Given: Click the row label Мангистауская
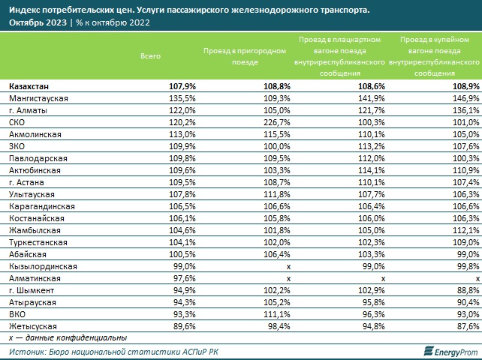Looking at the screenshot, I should [x=39, y=98].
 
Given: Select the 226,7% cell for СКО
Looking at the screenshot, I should [x=275, y=121].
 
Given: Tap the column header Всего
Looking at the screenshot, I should [x=151, y=56].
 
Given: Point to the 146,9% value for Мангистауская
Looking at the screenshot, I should [x=464, y=98].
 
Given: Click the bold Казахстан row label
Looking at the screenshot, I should [x=34, y=87].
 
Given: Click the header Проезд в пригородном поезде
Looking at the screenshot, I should [x=245, y=56].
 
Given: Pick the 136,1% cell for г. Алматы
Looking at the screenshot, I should [x=464, y=110].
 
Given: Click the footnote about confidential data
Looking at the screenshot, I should [x=58, y=337].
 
